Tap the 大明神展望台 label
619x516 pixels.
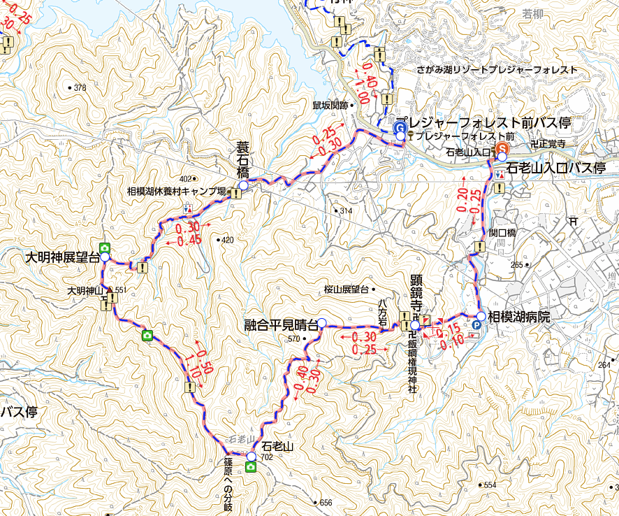[61, 257]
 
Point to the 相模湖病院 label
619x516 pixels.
[519, 317]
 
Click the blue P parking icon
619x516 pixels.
[477, 325]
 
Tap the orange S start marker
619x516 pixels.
[502, 148]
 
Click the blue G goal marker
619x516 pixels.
[400, 127]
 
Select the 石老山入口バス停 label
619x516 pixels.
[556, 169]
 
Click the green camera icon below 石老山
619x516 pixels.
[250, 466]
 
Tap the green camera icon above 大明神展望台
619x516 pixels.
[104, 247]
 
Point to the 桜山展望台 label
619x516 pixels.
[345, 288]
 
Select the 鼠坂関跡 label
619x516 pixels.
[330, 105]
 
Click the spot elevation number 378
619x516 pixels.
[79, 88]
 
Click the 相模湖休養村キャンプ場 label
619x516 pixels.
[176, 191]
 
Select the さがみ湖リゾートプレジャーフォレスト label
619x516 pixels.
[487, 70]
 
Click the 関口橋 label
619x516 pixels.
[502, 233]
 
